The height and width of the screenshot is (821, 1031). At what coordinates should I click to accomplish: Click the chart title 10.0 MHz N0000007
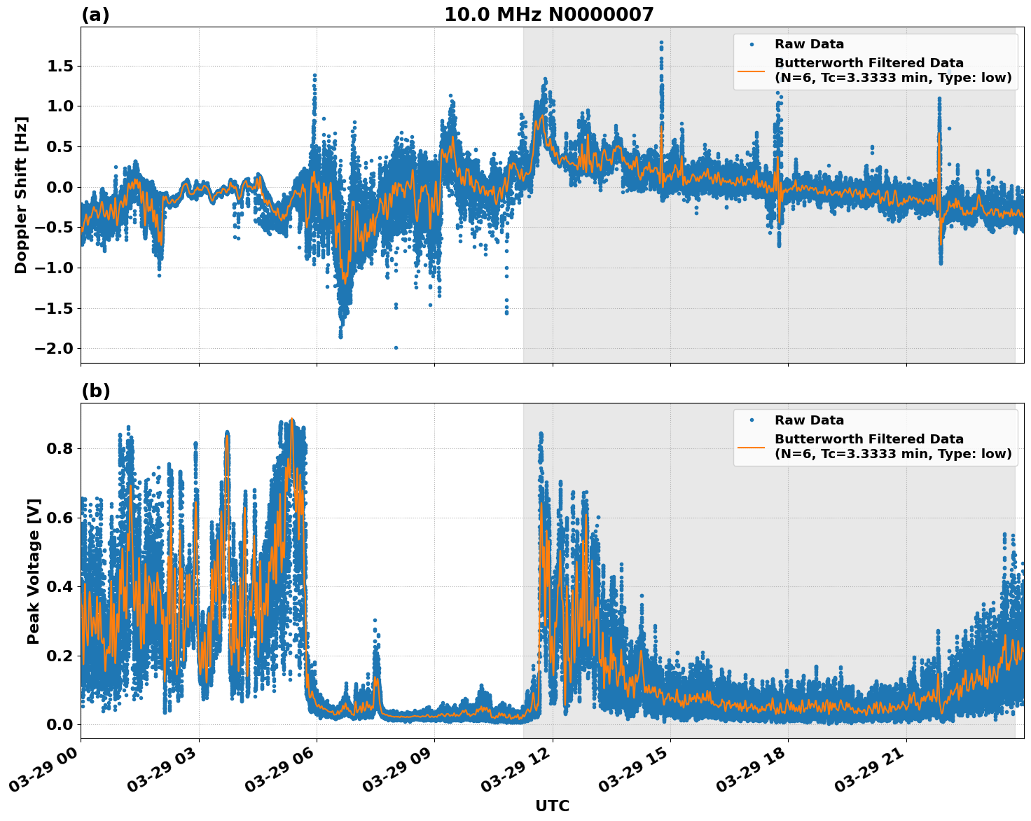tap(548, 15)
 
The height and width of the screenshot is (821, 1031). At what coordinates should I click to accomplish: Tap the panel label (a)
tap(95, 15)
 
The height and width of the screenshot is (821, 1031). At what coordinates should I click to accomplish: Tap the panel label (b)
tap(95, 391)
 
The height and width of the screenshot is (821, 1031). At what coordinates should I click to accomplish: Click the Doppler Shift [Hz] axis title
tap(21, 195)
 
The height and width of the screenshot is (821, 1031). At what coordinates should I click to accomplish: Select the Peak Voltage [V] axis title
tap(34, 571)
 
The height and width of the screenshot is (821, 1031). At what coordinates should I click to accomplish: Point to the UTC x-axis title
tap(552, 806)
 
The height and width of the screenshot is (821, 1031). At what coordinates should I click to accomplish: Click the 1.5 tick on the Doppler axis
tap(60, 66)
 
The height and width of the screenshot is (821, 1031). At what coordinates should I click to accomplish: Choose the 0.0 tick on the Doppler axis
tap(60, 187)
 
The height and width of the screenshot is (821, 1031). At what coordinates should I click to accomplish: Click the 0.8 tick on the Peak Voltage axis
tap(60, 448)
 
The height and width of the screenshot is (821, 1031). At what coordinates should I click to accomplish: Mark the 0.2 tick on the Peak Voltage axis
tap(60, 656)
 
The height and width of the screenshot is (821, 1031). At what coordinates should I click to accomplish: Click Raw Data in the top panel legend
tap(809, 44)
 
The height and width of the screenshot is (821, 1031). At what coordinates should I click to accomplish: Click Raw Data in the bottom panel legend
tap(809, 420)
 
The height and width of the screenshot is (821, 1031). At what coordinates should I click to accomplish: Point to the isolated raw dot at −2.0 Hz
tap(396, 347)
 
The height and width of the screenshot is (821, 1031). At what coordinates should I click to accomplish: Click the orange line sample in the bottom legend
tap(752, 446)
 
